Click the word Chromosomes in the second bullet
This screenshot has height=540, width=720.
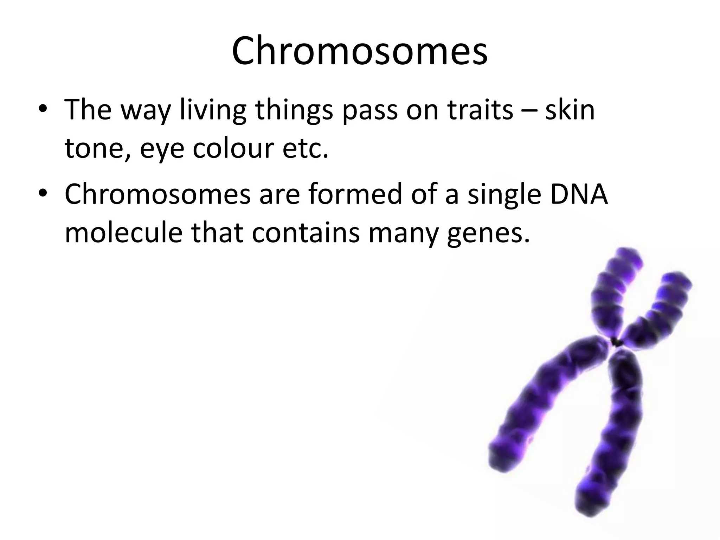click(x=157, y=194)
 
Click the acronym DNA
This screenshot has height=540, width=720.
click(x=579, y=194)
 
